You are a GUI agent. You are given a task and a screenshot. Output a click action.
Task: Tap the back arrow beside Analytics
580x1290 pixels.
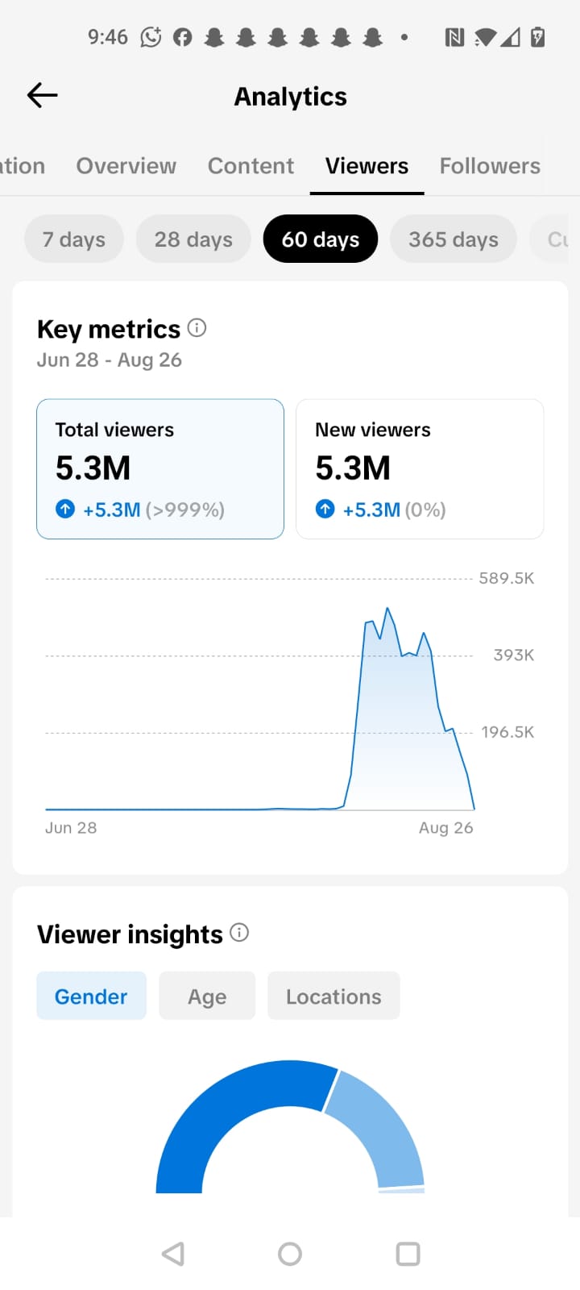pos(42,95)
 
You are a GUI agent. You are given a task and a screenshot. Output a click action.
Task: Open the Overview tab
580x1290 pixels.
pos(126,166)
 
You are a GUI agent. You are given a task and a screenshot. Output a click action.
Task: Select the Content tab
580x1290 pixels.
pos(251,166)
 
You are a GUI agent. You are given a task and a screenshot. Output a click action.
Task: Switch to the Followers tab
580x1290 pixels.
pos(490,166)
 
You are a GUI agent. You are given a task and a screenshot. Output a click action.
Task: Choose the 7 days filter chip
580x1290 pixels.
pos(73,239)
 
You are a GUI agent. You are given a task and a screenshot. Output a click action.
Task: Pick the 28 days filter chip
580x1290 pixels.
pos(193,239)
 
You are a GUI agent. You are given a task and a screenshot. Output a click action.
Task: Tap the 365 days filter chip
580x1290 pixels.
pos(454,239)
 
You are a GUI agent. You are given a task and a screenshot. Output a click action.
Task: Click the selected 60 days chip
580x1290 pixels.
pos(321,239)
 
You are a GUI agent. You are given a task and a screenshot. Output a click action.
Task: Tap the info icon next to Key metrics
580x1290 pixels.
pos(197,327)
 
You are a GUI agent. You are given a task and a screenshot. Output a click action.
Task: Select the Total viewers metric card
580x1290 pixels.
pos(160,468)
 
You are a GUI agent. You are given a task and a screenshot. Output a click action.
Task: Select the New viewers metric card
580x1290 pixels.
pos(420,468)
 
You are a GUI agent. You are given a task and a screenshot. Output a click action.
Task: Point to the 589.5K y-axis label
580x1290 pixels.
pos(507,578)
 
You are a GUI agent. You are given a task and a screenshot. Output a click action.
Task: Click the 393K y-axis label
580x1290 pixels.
pos(514,655)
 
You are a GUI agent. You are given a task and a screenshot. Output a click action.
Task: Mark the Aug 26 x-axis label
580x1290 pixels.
pos(446,827)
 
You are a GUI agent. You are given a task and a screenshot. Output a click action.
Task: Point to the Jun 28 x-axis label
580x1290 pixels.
pos(71,827)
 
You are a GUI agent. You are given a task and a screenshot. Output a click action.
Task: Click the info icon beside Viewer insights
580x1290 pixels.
pos(239,932)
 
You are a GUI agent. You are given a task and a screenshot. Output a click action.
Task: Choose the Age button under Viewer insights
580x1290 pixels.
pos(207,997)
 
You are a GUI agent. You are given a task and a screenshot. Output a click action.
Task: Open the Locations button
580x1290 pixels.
pos(333,997)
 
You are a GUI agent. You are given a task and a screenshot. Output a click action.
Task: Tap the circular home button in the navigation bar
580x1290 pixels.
pos(290,1254)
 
